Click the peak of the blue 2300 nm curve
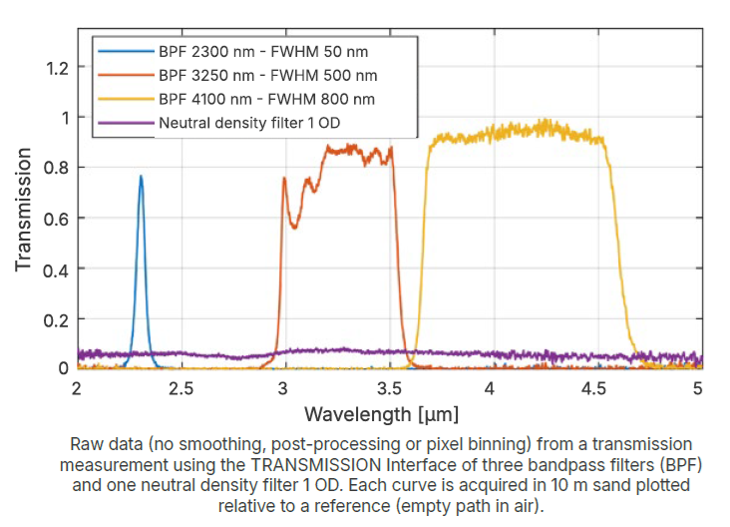[x=141, y=177]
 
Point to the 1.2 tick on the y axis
[x=57, y=68]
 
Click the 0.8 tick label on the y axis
[x=57, y=168]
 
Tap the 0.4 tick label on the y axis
[x=57, y=268]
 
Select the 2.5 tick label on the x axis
[x=181, y=387]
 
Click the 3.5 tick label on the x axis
[x=388, y=387]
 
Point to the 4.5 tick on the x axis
[x=595, y=387]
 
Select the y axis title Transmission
[x=22, y=211]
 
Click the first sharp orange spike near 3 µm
[x=284, y=179]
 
